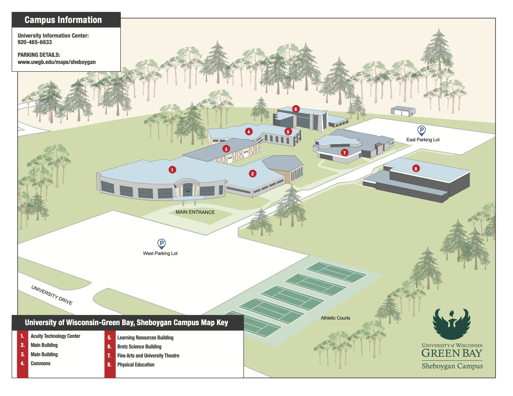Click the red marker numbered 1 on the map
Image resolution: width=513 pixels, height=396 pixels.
(x=172, y=170)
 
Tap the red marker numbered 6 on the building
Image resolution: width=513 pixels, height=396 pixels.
(x=296, y=109)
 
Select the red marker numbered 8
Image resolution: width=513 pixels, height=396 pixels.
(x=416, y=169)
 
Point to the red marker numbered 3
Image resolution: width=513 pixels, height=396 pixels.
(x=226, y=149)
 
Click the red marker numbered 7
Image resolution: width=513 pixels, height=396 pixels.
(x=344, y=153)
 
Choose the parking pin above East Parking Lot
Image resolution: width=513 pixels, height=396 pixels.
(x=421, y=130)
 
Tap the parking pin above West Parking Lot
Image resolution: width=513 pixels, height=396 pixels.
(x=161, y=244)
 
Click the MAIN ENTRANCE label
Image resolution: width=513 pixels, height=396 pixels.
(x=195, y=212)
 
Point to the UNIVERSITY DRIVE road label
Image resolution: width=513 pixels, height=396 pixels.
(x=52, y=295)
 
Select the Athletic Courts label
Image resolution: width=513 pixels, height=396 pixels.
(x=335, y=318)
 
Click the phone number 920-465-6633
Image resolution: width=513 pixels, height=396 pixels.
(x=35, y=42)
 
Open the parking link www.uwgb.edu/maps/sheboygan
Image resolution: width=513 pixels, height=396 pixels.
(x=57, y=62)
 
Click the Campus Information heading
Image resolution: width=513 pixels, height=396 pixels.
(x=63, y=20)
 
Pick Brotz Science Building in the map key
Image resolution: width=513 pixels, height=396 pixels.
(x=139, y=347)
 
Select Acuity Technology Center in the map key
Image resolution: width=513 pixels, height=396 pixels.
(x=55, y=336)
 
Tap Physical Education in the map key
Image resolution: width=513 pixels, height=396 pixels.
(x=136, y=365)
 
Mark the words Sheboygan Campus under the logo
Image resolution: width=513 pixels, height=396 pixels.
(x=452, y=366)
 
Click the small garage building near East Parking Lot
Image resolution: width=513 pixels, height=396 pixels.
(x=403, y=111)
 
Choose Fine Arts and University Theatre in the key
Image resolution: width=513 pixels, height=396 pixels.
(x=148, y=356)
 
